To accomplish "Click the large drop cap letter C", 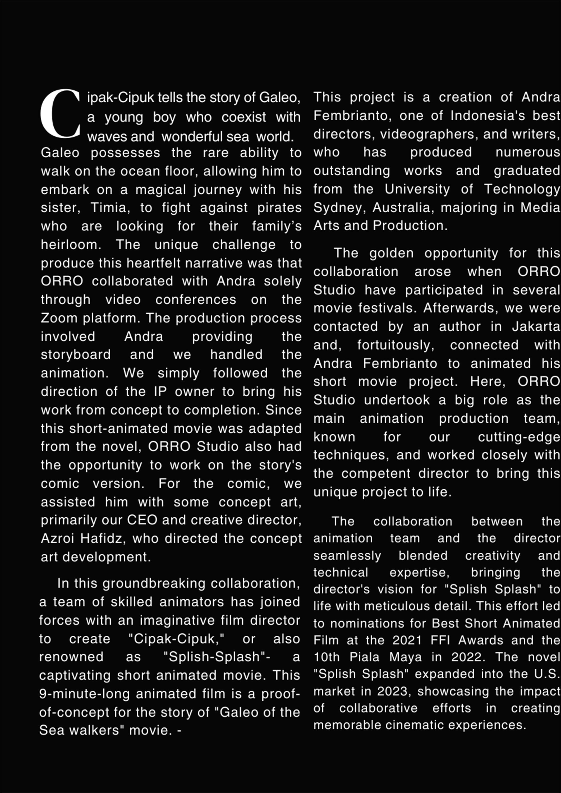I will tap(60, 114).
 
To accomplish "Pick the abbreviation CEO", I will tap(142, 520).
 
